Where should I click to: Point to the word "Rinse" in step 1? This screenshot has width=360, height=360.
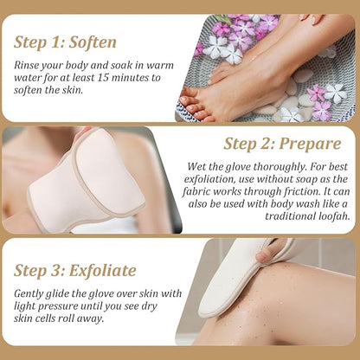coord(29,62)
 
